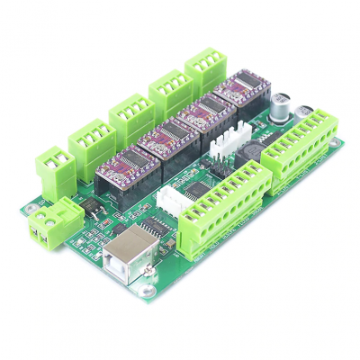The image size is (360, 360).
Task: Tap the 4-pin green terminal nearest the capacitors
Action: coord(206,66)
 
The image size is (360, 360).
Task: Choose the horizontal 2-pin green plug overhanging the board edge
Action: coord(46,227)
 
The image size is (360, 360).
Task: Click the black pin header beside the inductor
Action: coord(219,171)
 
